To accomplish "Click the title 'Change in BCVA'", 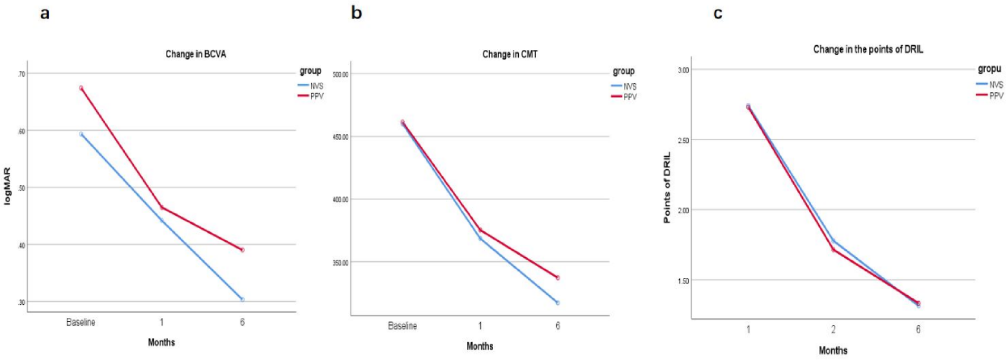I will (x=195, y=54).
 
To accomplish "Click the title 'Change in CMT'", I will (x=509, y=54).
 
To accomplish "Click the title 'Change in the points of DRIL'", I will (x=868, y=49).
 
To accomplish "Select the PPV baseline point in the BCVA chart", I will (x=81, y=88).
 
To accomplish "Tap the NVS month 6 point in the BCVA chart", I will (x=242, y=299).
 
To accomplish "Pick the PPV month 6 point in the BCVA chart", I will (x=242, y=250).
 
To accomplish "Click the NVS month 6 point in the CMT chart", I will (x=557, y=303).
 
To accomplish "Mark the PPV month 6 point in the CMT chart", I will (x=557, y=278).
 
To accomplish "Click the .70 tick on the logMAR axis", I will (x=21, y=74).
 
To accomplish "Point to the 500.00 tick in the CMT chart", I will (x=340, y=75).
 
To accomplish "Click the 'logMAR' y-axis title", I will (x=8, y=186).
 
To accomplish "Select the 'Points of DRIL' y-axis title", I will (x=667, y=188).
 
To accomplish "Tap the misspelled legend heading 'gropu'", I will (x=989, y=69).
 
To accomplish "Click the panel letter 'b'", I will (x=357, y=12).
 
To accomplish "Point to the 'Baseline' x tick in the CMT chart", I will (x=402, y=326).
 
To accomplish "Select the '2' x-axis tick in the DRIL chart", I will (x=833, y=330).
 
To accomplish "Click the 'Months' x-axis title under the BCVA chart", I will (x=162, y=342).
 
